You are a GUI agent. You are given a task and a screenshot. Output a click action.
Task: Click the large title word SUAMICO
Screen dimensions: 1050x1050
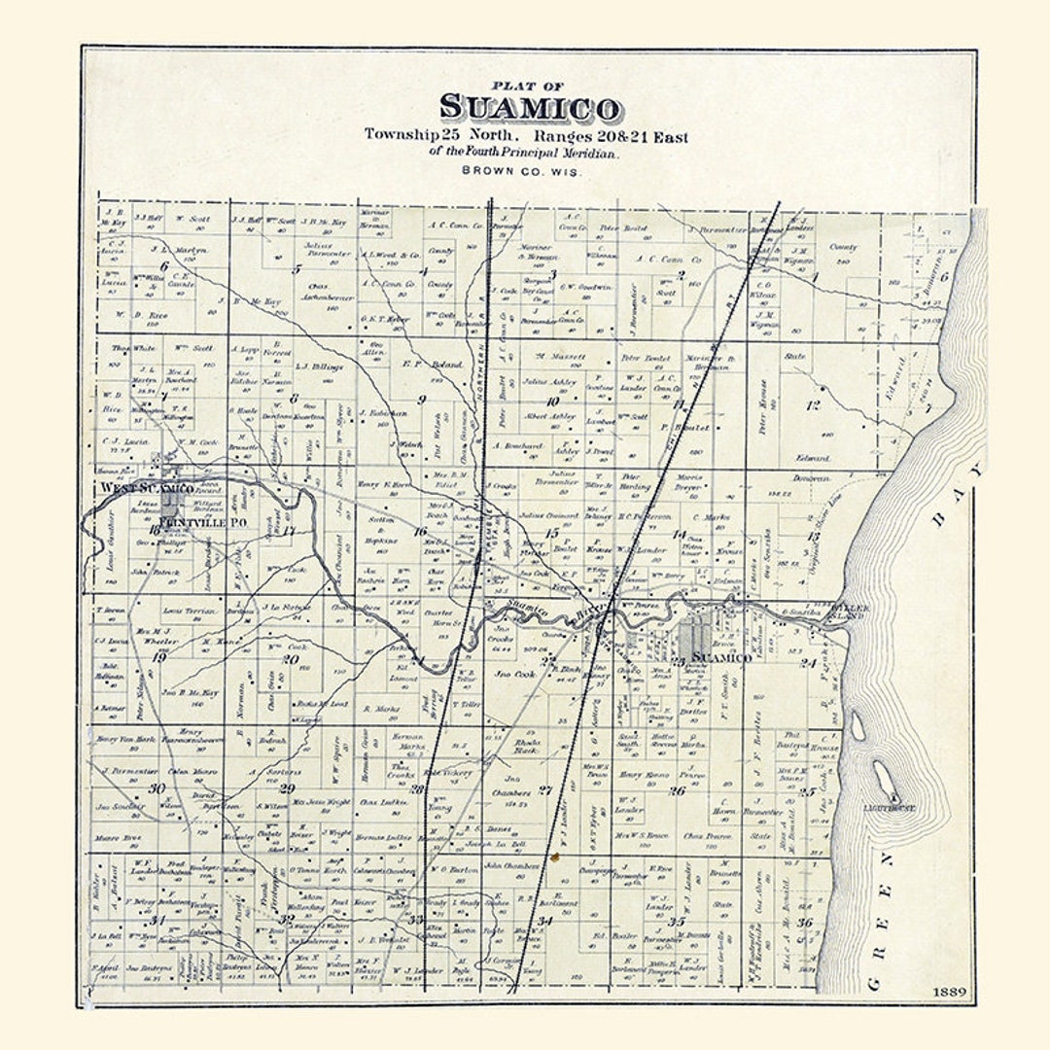530,109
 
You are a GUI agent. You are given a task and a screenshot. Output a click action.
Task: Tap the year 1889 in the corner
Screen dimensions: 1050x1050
947,992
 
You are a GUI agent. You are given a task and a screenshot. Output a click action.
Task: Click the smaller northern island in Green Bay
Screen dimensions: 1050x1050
857,725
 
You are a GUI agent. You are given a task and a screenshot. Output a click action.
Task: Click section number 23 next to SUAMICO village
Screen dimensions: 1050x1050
679,661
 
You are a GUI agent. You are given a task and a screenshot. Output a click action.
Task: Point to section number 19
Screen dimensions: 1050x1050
158,658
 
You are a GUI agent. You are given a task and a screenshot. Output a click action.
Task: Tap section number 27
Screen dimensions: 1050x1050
545,790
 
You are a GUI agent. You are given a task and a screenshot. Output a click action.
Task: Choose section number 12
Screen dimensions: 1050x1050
813,404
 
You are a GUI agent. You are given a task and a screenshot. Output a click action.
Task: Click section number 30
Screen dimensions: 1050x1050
156,787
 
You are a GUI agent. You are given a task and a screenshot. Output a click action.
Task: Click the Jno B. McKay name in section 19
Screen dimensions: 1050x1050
191,692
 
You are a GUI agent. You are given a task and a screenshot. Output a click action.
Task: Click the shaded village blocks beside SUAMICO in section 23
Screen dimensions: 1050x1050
693,641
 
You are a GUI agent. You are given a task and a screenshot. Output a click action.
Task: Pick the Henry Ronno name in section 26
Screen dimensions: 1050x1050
645,775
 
